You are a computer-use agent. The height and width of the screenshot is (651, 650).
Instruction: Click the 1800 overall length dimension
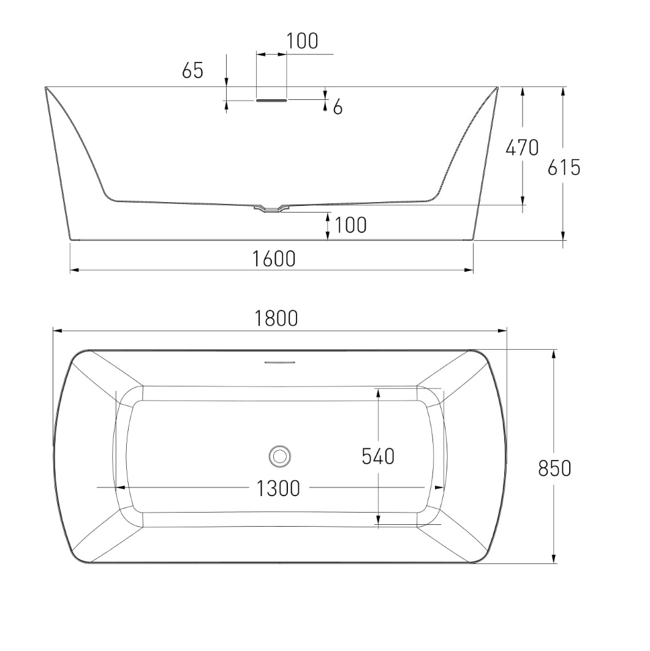click(x=276, y=319)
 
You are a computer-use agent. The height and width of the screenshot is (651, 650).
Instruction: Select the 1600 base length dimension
click(x=274, y=258)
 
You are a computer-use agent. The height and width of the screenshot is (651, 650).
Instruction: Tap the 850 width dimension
click(x=554, y=468)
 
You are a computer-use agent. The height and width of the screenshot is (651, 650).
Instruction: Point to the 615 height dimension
click(x=564, y=168)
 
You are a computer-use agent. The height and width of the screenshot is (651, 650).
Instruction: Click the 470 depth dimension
click(x=522, y=148)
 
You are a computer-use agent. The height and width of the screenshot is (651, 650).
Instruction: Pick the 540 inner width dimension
click(x=378, y=456)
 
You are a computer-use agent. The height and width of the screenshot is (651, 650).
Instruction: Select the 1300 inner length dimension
click(x=278, y=488)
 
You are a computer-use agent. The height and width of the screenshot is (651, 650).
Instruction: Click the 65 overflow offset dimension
click(x=193, y=70)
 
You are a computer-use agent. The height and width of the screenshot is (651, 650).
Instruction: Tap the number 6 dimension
click(x=338, y=108)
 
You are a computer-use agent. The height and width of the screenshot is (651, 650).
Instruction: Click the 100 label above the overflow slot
click(x=302, y=40)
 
